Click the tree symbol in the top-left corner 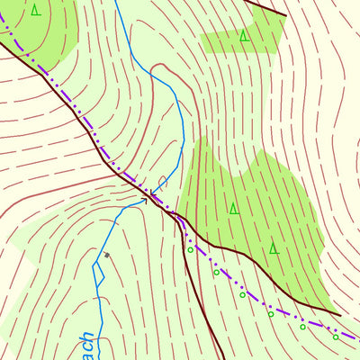click(x=35, y=10)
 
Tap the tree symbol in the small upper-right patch click(x=243, y=36)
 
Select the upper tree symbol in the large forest click(x=233, y=209)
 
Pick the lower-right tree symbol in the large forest click(x=273, y=247)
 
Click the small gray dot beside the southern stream click(x=106, y=256)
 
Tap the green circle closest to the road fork click(x=190, y=249)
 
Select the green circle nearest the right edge click(x=336, y=337)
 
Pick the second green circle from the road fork click(x=216, y=272)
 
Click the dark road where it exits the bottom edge click(x=219, y=357)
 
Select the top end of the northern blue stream click(x=116, y=2)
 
